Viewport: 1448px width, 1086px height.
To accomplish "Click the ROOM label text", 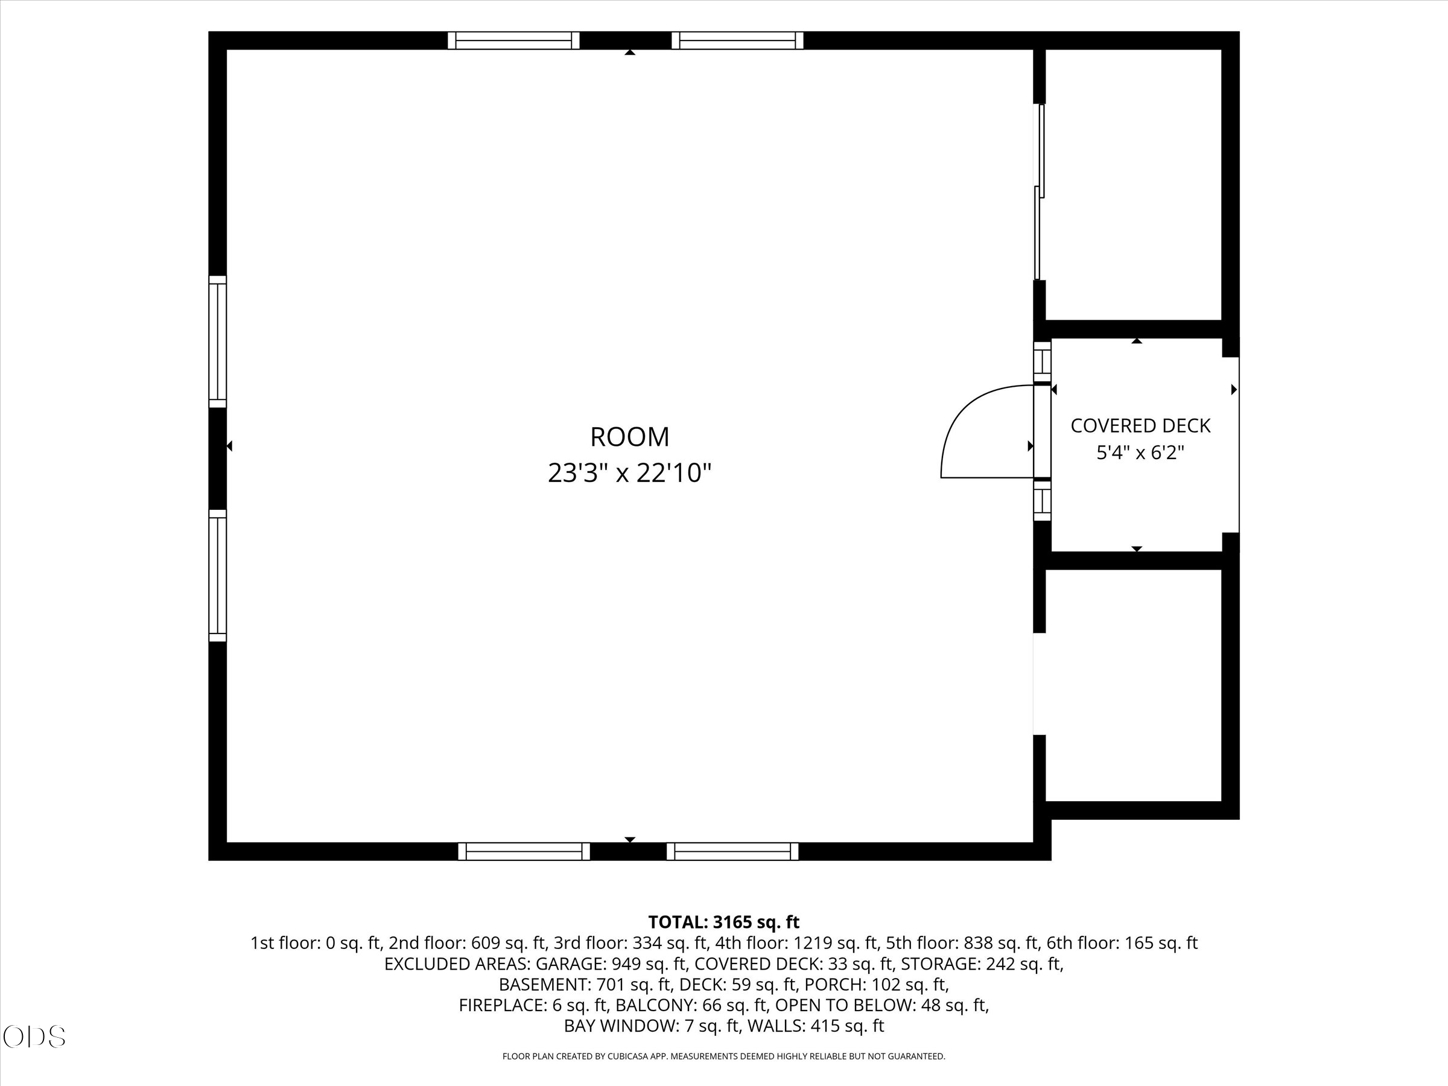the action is click(x=630, y=437).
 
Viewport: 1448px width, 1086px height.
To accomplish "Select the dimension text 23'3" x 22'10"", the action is click(x=630, y=472).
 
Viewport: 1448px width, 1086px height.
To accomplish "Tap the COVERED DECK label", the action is click(x=1140, y=425).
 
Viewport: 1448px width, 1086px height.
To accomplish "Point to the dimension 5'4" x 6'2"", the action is click(x=1140, y=453).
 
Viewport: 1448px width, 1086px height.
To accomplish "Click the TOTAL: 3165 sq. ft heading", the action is click(x=723, y=922).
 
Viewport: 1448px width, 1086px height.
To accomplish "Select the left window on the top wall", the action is click(x=514, y=40).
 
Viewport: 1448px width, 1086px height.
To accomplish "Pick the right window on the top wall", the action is click(x=737, y=40).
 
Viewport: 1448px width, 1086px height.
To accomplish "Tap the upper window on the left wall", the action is click(x=217, y=341).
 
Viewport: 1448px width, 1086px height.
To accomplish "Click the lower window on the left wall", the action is click(x=217, y=576).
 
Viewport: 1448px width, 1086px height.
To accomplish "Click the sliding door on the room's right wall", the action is click(x=1039, y=192).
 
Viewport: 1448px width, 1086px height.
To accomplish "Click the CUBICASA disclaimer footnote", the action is click(x=723, y=1056).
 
